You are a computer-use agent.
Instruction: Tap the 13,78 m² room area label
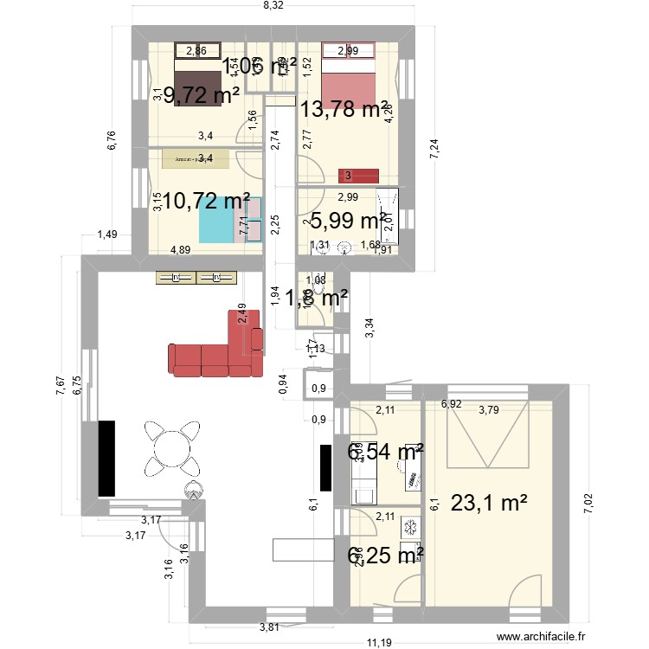click(344, 109)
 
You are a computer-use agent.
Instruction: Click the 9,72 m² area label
click(207, 95)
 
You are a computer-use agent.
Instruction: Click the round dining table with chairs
click(170, 448)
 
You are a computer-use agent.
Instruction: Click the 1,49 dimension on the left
click(107, 235)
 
